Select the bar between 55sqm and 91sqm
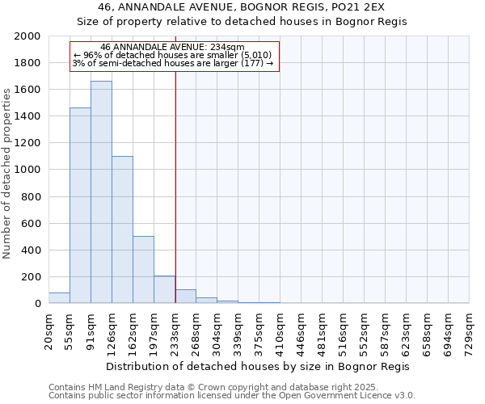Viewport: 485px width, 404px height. coord(80,205)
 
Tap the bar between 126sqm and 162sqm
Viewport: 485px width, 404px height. coord(122,229)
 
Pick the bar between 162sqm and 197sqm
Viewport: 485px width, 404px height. coord(143,270)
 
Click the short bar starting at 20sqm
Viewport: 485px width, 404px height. coord(59,298)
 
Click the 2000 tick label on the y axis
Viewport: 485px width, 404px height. coord(27,36)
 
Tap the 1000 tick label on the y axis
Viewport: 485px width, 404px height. coord(27,170)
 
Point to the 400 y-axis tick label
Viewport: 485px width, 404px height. coord(31,250)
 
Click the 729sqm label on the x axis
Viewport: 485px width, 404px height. coord(470,330)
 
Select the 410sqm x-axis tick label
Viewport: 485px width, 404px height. coord(280,330)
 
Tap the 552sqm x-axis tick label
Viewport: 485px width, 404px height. coord(365,330)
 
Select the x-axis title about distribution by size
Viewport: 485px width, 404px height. coord(258,366)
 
